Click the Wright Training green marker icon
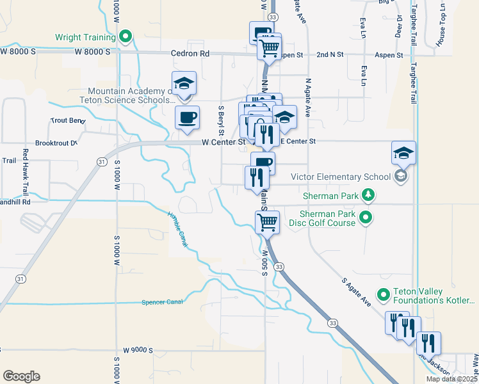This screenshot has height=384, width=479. click(x=127, y=36)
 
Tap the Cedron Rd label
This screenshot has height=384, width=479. click(x=190, y=54)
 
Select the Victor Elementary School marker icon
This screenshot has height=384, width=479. click(x=401, y=177)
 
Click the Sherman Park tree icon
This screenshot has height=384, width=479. click(x=368, y=194)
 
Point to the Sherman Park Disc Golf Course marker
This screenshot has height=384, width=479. click(x=366, y=218)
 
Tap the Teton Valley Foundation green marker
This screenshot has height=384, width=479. click(x=384, y=295)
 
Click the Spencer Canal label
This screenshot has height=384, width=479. click(x=162, y=301)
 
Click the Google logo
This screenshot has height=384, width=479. click(x=21, y=376)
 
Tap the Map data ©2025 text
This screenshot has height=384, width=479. click(x=451, y=379)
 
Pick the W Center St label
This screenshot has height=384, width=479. click(x=224, y=141)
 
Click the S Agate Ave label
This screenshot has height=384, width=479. click(x=356, y=291)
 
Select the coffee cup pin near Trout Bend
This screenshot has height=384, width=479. click(x=187, y=118)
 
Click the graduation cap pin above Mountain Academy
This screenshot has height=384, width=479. click(x=184, y=84)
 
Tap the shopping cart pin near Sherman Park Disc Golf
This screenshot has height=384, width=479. click(x=267, y=223)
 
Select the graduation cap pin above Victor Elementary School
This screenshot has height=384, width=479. click(x=404, y=154)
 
